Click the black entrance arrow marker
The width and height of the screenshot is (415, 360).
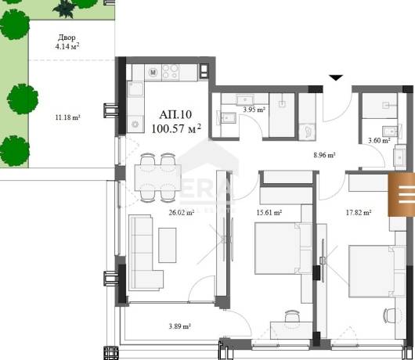click(336, 77)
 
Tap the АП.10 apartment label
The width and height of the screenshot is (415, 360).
click(175, 114)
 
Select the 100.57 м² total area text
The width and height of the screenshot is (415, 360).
click(176, 128)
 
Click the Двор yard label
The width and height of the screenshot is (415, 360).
click(67, 38)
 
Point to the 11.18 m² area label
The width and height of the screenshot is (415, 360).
click(68, 117)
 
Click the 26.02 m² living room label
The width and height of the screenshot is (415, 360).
click(182, 212)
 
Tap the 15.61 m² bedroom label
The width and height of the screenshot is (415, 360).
click(269, 212)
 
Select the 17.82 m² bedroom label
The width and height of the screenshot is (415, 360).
click(359, 212)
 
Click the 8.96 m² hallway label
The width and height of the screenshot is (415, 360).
click(324, 155)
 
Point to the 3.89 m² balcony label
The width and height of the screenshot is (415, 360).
click(180, 326)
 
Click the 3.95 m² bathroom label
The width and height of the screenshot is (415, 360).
click(254, 110)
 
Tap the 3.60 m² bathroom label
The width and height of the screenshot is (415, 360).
click(379, 140)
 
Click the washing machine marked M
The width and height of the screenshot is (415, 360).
click(153, 72)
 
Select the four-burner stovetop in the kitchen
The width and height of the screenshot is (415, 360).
click(170, 72)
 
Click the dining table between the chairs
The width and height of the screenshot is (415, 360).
click(158, 178)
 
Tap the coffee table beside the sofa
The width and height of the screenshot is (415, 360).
click(168, 245)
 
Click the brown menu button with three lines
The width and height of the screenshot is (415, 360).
click(402, 194)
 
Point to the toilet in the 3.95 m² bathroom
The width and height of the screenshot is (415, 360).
click(308, 131)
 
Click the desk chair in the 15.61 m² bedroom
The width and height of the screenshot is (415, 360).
click(293, 316)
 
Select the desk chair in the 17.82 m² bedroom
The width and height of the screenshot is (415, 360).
click(389, 315)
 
